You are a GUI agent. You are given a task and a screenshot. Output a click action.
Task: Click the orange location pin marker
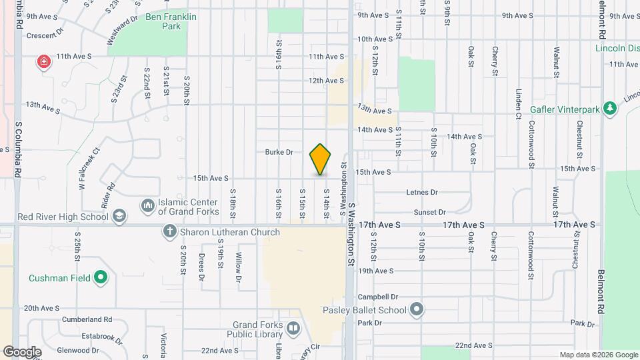point(321,159)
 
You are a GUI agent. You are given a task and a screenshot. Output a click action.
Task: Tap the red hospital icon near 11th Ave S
point(44,62)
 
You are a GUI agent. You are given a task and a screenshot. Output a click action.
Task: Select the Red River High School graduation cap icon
point(119,216)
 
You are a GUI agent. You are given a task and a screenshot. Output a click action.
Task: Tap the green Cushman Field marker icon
point(101,277)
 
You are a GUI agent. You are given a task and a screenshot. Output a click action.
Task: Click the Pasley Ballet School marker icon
point(417,309)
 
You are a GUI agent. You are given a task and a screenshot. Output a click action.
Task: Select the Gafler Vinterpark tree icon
point(609,108)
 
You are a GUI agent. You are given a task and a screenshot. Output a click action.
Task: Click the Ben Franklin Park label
point(163,22)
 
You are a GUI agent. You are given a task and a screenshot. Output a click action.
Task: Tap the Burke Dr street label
point(279,152)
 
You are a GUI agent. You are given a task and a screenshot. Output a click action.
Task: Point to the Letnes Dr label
point(422,192)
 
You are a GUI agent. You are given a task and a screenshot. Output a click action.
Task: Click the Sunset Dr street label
point(429,212)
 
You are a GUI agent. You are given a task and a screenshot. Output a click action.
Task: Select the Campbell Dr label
point(378,297)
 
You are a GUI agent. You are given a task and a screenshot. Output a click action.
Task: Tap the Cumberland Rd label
point(87,319)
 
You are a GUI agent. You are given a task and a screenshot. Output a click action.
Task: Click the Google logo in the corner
point(22,351)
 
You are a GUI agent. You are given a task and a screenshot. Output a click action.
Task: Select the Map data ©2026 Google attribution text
point(599,355)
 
